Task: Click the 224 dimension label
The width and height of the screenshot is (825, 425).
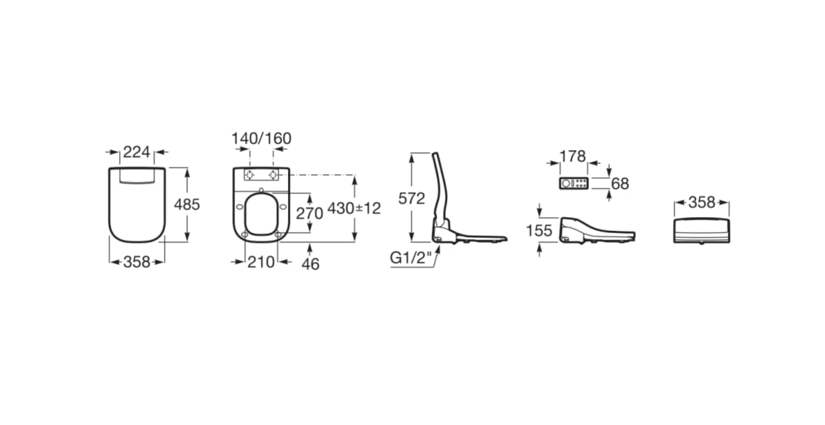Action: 137,152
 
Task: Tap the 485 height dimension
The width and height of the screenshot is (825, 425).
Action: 187,204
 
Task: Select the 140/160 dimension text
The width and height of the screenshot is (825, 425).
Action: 261,138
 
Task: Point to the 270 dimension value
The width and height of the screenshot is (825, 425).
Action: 309,213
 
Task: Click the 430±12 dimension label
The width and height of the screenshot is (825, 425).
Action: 354,208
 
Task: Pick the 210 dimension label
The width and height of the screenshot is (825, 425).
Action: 261,262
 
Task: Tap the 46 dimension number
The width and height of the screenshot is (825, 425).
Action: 310,264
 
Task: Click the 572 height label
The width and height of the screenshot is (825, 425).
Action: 412,198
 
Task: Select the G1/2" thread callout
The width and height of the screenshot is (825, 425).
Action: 411,257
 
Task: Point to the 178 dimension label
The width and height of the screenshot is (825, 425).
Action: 572,156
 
